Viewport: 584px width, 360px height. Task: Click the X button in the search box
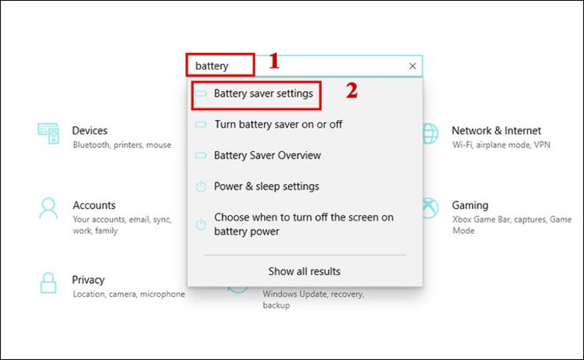[413, 66]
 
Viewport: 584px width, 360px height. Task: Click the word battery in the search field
[212, 66]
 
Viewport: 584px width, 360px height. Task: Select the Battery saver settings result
[263, 94]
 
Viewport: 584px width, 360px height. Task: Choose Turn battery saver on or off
[277, 125]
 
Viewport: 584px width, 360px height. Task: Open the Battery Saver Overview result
[267, 156]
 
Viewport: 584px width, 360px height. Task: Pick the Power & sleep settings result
[266, 187]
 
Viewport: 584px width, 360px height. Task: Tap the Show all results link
[304, 271]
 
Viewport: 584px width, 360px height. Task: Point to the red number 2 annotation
[352, 90]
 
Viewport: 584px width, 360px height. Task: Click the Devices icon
[48, 133]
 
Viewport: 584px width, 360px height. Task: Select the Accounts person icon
[48, 208]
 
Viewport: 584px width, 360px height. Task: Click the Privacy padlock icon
[48, 283]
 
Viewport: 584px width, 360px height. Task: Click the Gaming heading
[470, 206]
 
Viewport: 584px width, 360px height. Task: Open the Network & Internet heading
[496, 131]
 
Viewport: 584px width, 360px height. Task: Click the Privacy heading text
[88, 280]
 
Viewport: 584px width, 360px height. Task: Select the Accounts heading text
[94, 206]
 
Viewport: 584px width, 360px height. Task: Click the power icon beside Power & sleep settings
[200, 187]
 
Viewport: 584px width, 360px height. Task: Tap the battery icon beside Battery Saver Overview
[200, 156]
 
